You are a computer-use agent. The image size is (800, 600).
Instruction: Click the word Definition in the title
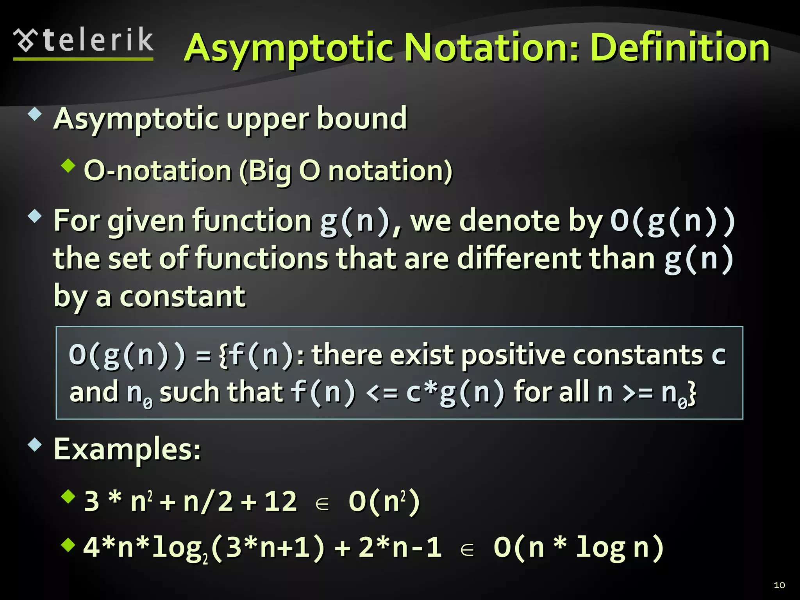tap(680, 48)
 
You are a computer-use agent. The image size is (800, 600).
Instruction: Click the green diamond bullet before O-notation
tap(68, 166)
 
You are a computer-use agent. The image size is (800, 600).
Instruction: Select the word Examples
tap(127, 449)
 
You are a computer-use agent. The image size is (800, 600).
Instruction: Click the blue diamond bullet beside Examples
tap(35, 445)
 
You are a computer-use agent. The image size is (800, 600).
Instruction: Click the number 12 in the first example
tap(280, 501)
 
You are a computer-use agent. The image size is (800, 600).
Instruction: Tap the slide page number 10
tap(779, 585)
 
